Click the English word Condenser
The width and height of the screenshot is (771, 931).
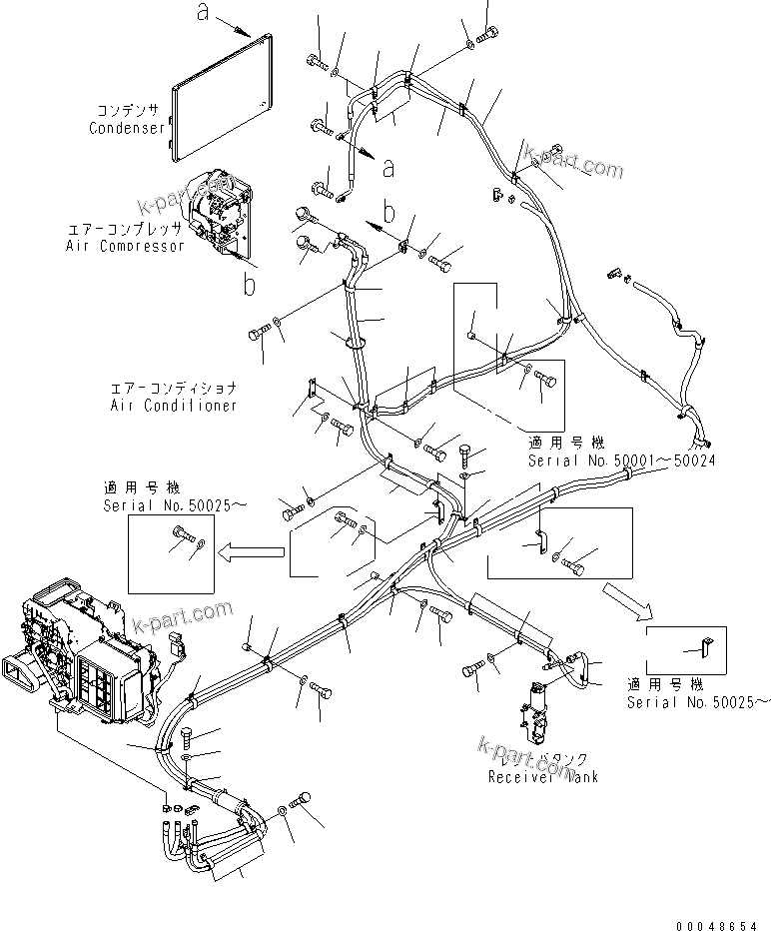[x=127, y=128]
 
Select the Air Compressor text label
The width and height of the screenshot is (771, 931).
[x=125, y=246]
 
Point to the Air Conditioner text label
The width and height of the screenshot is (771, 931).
[x=175, y=406]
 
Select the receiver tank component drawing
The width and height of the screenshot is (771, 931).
[x=534, y=716]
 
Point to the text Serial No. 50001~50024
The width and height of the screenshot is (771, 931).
[x=621, y=460]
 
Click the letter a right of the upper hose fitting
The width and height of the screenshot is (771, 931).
[x=387, y=167]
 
